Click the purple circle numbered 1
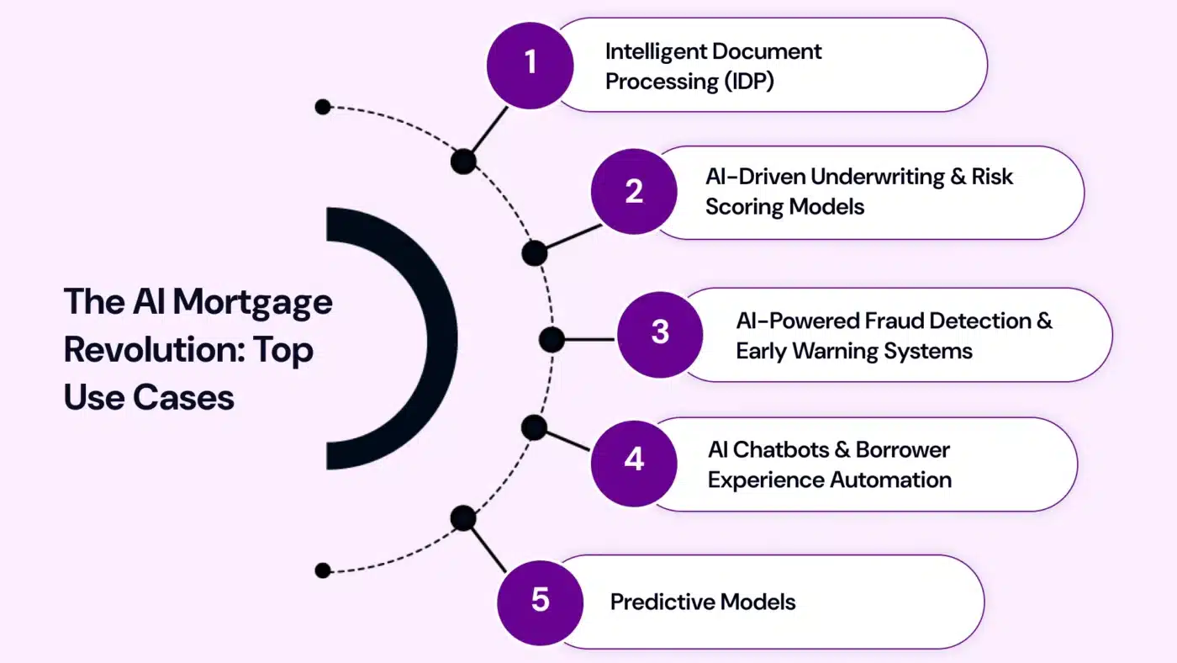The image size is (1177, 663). tap(530, 64)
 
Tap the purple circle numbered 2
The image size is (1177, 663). tap(634, 192)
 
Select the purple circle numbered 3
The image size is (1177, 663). tap(660, 333)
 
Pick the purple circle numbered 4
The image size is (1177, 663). tap(633, 462)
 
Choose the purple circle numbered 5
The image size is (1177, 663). tap(540, 602)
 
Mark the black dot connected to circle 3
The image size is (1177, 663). tap(552, 340)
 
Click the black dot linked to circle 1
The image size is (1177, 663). tap(463, 161)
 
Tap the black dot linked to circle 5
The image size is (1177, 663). tap(463, 518)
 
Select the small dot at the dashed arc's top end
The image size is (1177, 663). tap(323, 107)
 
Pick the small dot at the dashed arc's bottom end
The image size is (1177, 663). tap(323, 570)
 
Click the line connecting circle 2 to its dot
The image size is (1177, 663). tap(569, 239)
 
